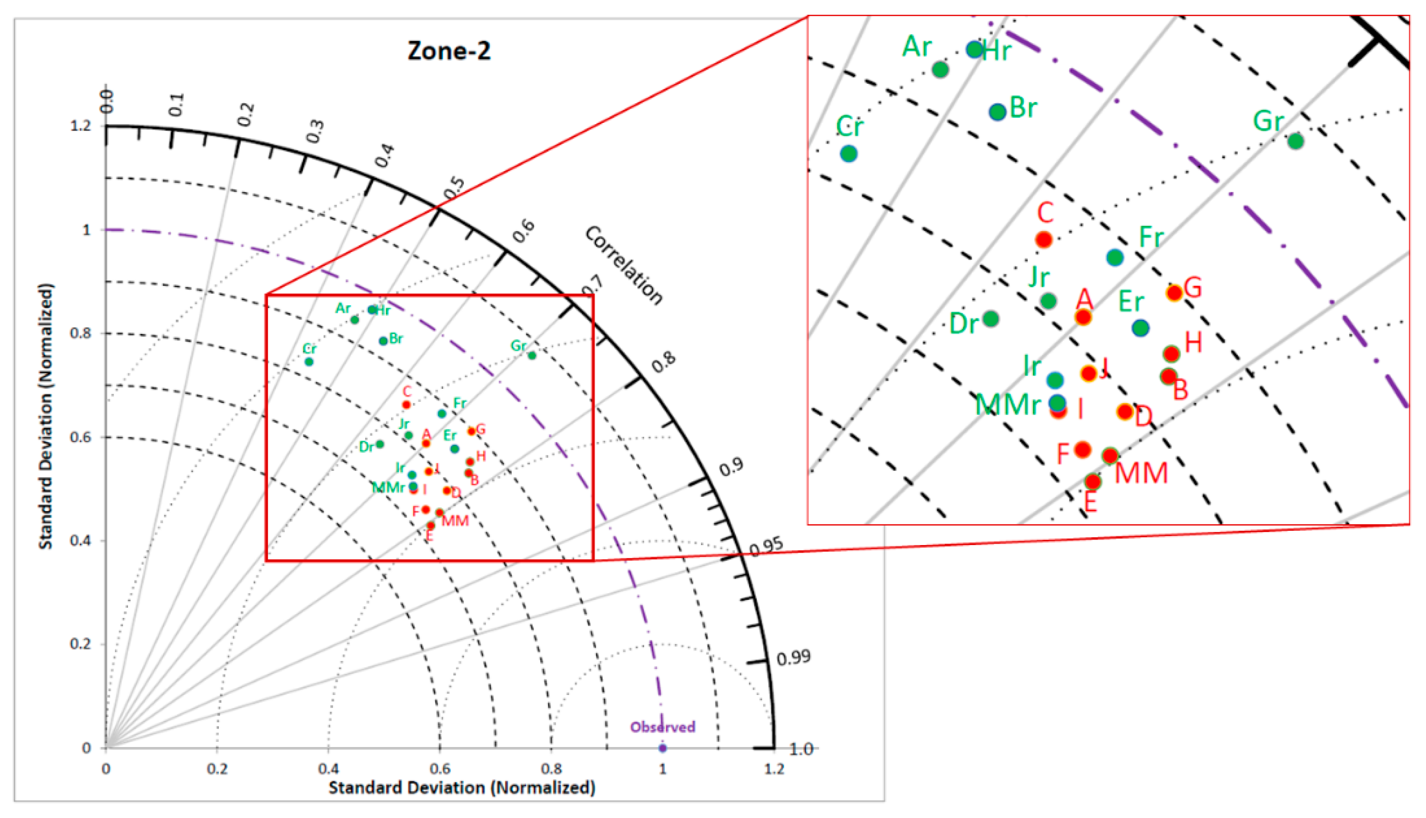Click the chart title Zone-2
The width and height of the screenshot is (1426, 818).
coord(448,51)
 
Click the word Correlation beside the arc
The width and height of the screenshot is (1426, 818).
coord(624,265)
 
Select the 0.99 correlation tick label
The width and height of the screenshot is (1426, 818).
coord(793,657)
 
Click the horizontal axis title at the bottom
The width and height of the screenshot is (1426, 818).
coord(461,788)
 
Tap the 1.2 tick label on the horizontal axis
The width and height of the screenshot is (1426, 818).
coord(774,768)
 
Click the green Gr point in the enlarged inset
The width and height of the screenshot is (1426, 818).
coord(1295,141)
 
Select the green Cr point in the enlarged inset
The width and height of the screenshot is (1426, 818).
coord(849,153)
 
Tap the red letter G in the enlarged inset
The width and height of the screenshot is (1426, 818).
coord(1192,288)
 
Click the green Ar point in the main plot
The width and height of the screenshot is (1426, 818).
coord(354,320)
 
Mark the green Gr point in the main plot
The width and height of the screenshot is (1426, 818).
coord(532,355)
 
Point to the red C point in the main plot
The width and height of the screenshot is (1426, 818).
coord(406,404)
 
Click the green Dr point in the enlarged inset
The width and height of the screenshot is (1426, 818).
coord(991,319)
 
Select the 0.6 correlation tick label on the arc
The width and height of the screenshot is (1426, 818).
coord(524,232)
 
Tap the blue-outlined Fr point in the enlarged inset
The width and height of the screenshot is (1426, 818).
coord(1115,258)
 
